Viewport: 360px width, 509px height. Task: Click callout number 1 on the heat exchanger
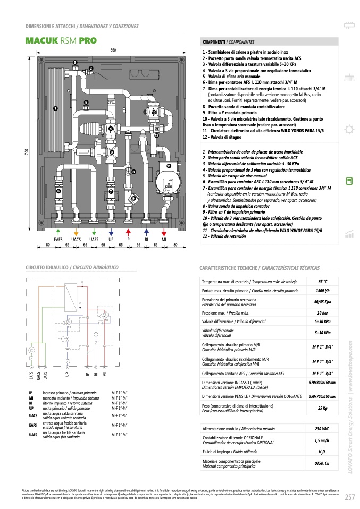[x=55, y=108]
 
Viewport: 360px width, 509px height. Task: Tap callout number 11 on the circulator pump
[x=169, y=166]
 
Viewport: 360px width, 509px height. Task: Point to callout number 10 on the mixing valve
[x=154, y=112]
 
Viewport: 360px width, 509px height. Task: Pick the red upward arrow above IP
[x=128, y=232]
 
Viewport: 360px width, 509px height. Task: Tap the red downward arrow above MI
[x=164, y=232]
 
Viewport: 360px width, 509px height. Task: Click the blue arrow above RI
[x=146, y=232]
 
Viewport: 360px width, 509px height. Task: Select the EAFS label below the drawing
[x=58, y=240]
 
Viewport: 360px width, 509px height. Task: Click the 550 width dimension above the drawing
[x=113, y=49]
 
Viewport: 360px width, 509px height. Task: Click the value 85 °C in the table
[x=323, y=281]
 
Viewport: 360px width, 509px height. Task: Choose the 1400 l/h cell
[x=323, y=291]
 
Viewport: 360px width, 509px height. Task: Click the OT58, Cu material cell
[x=323, y=464]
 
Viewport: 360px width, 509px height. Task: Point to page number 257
[x=349, y=497]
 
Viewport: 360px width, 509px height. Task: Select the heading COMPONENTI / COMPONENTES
[x=228, y=41]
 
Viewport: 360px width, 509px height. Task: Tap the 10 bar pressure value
[x=323, y=313]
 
